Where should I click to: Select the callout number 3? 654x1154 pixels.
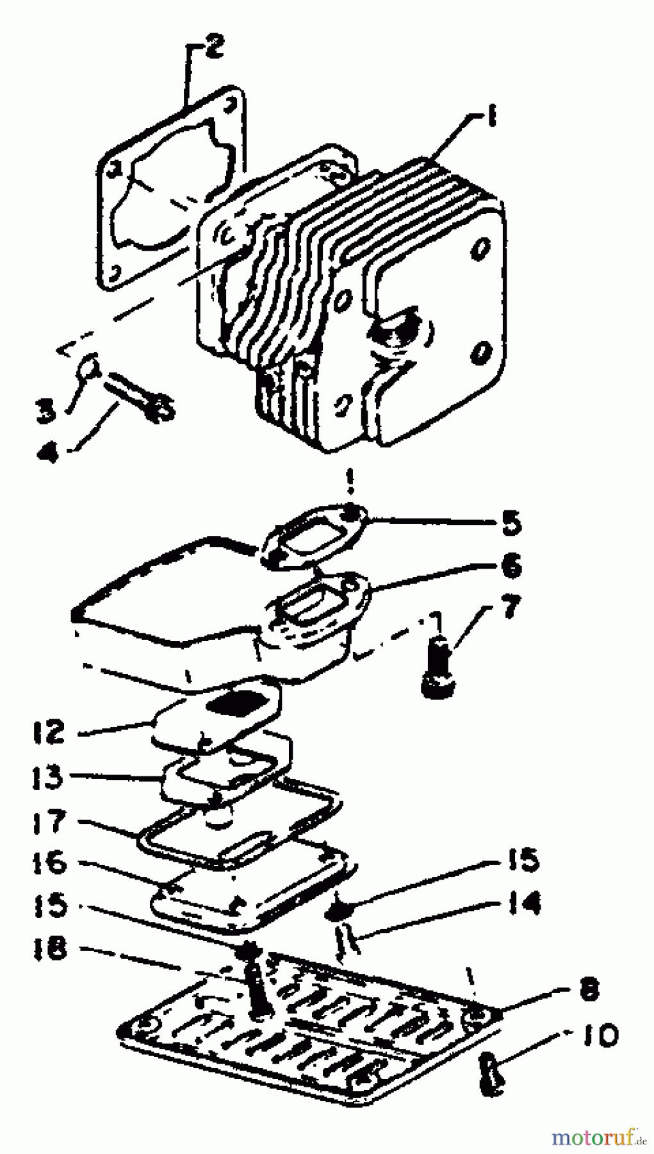pyautogui.click(x=45, y=411)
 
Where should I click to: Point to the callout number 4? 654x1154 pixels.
pyautogui.click(x=47, y=453)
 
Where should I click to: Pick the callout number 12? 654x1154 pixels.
pyautogui.click(x=49, y=732)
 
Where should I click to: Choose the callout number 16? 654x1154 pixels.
pyautogui.click(x=49, y=862)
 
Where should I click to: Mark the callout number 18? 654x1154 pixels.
pyautogui.click(x=49, y=948)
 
